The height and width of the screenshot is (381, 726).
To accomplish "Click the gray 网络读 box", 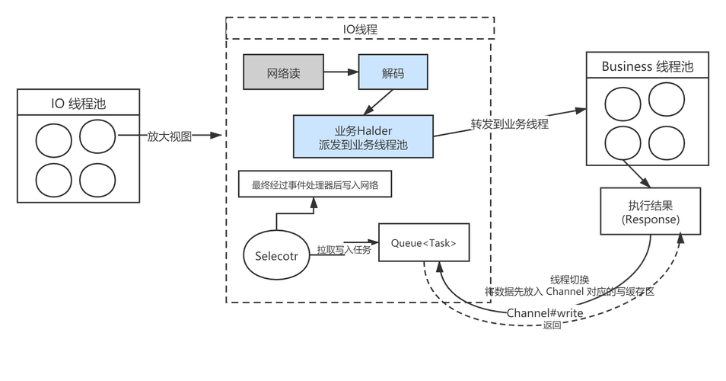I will (x=283, y=72).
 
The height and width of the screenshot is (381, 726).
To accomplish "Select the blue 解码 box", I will (x=393, y=72).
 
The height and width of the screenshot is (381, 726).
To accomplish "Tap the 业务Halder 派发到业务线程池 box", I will (x=364, y=137).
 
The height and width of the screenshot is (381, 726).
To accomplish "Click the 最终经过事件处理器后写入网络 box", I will (x=315, y=184).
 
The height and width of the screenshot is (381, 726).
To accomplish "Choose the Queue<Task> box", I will (x=423, y=243).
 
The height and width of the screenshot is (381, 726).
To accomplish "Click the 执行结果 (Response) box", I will (x=650, y=211).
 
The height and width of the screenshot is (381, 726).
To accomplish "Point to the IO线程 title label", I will (x=360, y=29).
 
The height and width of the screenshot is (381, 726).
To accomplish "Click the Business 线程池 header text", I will (x=647, y=66).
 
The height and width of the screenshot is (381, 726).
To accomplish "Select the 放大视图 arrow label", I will (x=170, y=136).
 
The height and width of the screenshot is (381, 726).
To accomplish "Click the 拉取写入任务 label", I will (x=344, y=250).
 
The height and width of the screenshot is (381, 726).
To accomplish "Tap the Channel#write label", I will (x=545, y=313).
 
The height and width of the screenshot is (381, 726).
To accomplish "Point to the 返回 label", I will (x=552, y=326).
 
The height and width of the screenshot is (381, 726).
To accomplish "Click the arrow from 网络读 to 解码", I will (x=341, y=72).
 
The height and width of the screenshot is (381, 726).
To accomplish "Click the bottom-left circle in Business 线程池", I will (x=623, y=142).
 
